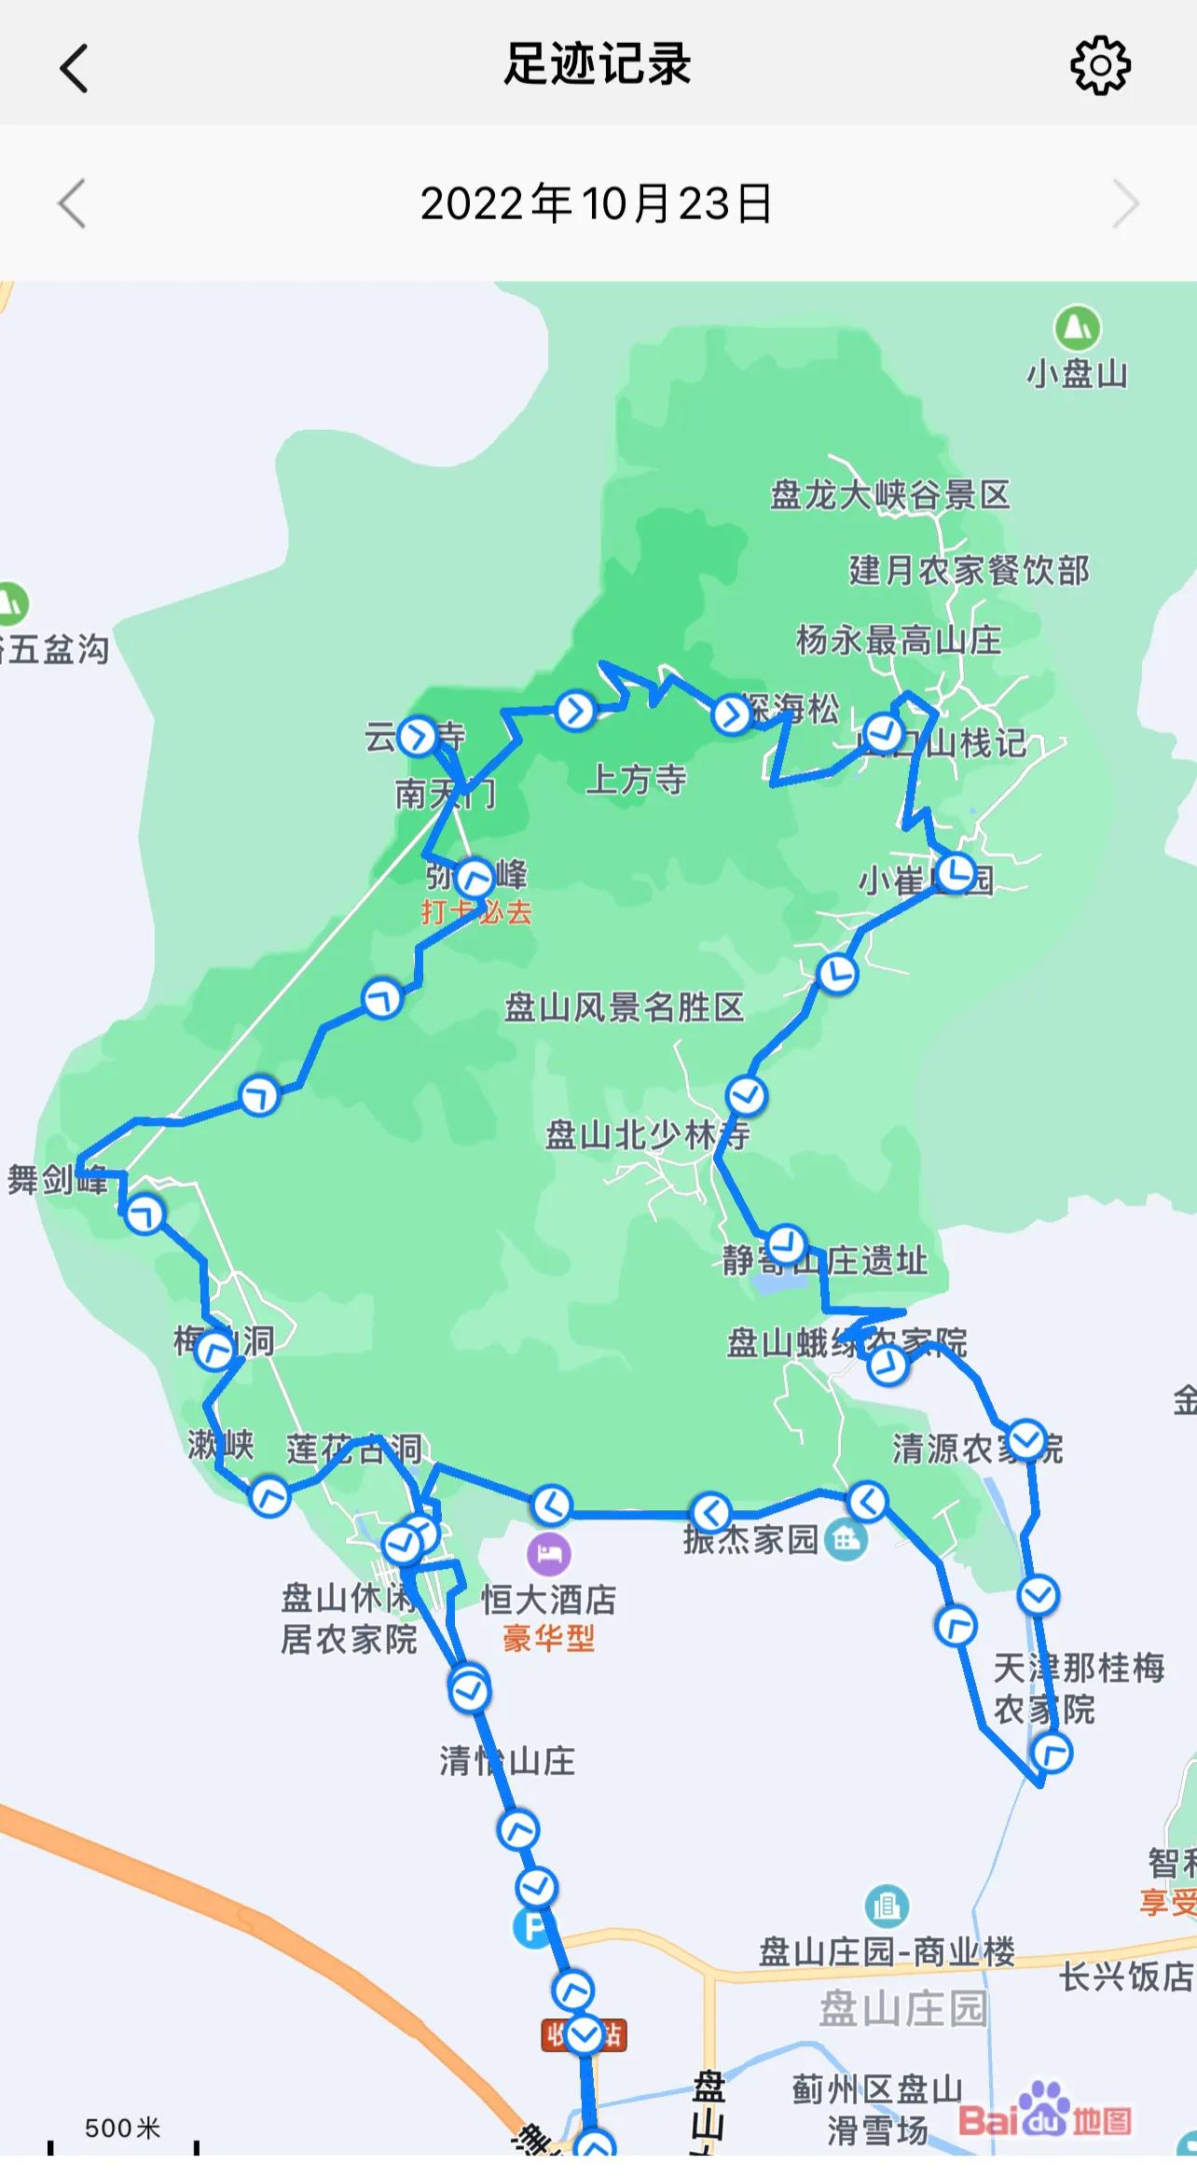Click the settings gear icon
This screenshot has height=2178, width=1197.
pos(1100,65)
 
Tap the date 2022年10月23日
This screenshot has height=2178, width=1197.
pos(597,203)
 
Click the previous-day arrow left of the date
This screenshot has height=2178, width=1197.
pos(73,203)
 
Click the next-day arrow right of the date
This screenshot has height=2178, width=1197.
pos(1125,203)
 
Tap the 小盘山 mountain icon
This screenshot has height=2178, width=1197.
pos(1078,328)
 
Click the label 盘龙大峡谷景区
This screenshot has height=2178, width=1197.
pos(890,495)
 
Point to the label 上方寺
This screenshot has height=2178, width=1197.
pos(636,779)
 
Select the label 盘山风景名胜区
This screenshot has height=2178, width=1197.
pos(624,1007)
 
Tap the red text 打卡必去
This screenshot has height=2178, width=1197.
pos(476,911)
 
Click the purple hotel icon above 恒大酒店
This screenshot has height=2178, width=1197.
pos(549,1554)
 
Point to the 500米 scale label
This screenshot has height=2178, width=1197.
pos(122,2128)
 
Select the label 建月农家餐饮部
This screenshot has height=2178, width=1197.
pos(969,570)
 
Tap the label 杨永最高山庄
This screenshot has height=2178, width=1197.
pos(899,641)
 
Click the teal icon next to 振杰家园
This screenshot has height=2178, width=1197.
pos(846,1540)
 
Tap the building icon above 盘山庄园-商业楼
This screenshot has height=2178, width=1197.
pos(886,1907)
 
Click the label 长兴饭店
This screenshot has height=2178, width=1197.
pos(1126,1977)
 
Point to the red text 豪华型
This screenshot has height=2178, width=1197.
pos(548,1638)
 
